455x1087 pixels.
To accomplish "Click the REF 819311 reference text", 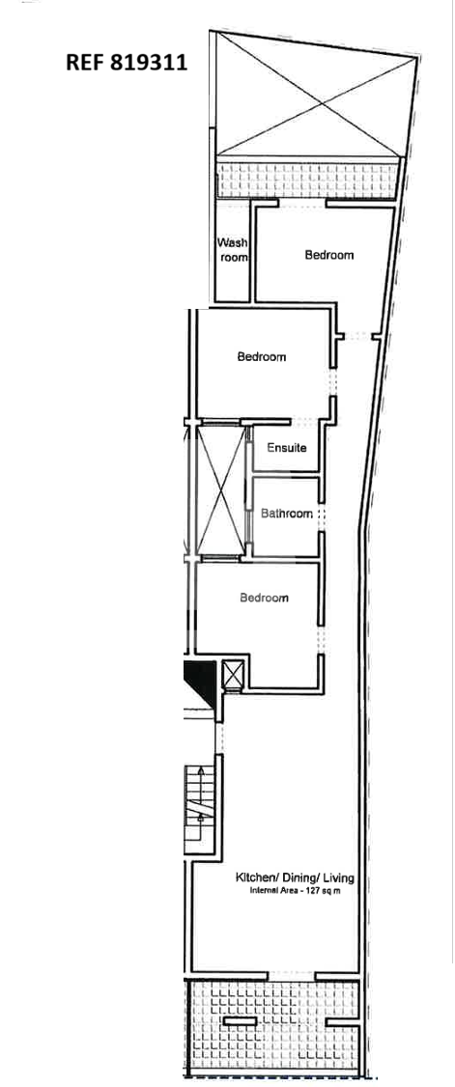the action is (x=127, y=63).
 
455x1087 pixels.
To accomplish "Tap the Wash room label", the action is (x=232, y=250).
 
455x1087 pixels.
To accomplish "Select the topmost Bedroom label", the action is (x=329, y=255).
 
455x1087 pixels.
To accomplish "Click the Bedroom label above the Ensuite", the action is (x=262, y=357).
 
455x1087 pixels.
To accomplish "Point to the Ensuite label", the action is (x=287, y=448).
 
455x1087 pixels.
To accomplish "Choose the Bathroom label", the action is (x=287, y=514).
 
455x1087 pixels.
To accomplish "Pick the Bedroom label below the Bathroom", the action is (x=265, y=599).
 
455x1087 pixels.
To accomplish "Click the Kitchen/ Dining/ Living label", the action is (x=296, y=878).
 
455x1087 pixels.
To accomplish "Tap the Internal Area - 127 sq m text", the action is (x=295, y=891).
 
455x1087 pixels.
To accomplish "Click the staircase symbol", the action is (x=200, y=808).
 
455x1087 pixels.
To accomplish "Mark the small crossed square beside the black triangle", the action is (x=233, y=675).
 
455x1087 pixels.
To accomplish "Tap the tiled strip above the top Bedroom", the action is (x=308, y=179).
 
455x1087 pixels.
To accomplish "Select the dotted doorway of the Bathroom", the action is (x=321, y=516).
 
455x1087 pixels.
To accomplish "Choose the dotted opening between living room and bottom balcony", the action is (x=291, y=975).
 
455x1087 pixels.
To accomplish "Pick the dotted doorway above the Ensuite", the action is (x=304, y=421).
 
